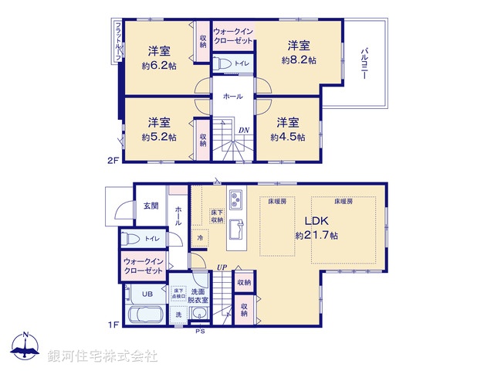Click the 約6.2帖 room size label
tap(159, 67)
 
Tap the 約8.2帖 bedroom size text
tap(299, 60)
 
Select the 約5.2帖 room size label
tap(159, 137)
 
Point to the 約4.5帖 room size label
tap(287, 137)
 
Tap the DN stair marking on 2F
tap(243, 130)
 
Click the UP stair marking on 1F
tap(222, 267)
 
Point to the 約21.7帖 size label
tap(316, 235)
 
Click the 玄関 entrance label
tap(150, 206)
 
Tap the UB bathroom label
tap(146, 293)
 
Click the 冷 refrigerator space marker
tap(199, 238)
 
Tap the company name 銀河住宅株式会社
tap(102, 356)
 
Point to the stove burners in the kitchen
tap(235, 199)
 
